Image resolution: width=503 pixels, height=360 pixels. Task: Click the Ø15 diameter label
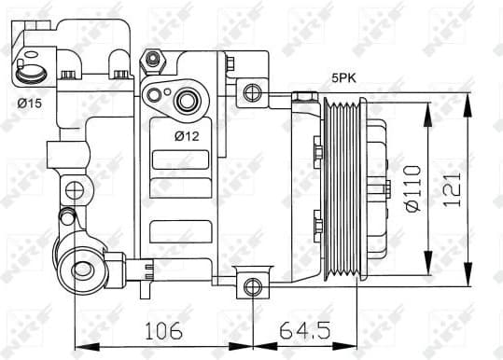29,103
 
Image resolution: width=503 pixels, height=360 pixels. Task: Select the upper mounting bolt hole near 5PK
250,91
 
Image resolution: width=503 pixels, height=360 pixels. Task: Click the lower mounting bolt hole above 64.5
250,285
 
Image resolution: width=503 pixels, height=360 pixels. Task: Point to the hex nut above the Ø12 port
152,62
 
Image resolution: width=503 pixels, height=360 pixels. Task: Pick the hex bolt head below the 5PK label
302,96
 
